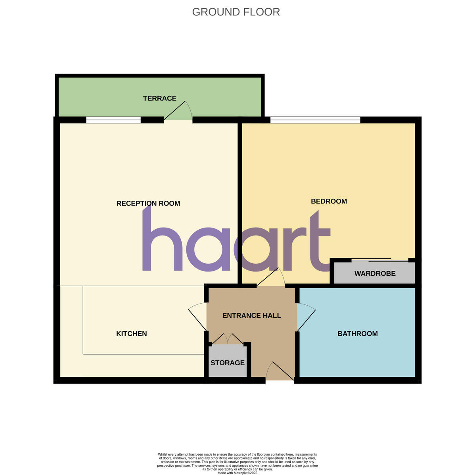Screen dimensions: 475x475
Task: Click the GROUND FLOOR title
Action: [236, 12]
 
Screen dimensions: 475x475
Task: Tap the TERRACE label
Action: [160, 98]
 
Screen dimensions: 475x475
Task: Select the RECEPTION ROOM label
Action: [148, 203]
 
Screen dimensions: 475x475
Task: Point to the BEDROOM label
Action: [329, 201]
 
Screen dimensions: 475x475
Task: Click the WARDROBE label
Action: [375, 274]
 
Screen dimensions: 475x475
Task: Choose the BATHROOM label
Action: [357, 334]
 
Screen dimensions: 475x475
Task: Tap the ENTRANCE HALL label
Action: [251, 315]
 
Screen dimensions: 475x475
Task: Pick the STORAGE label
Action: [227, 363]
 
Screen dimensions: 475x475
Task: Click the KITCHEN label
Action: [131, 334]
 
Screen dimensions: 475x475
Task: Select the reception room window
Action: [113, 120]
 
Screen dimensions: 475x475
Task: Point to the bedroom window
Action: [315, 120]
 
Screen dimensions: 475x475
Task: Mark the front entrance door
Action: [280, 371]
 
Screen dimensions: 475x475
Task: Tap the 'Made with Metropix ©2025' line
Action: [238, 473]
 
